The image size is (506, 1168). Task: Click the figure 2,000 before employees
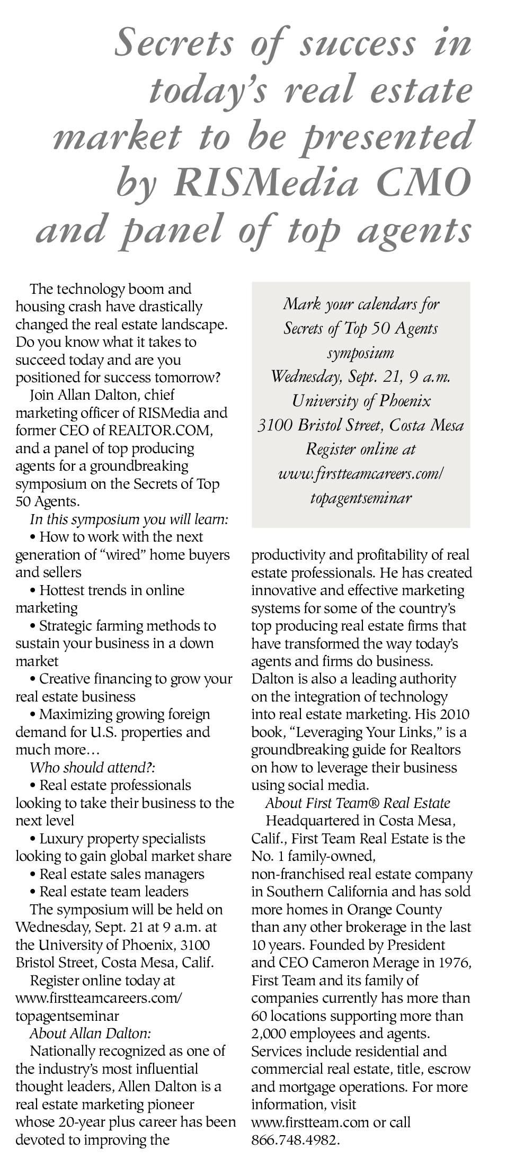272,1033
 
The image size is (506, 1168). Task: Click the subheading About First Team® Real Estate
358,803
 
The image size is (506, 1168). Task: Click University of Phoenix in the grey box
361,401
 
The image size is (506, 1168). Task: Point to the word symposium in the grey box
361,353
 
